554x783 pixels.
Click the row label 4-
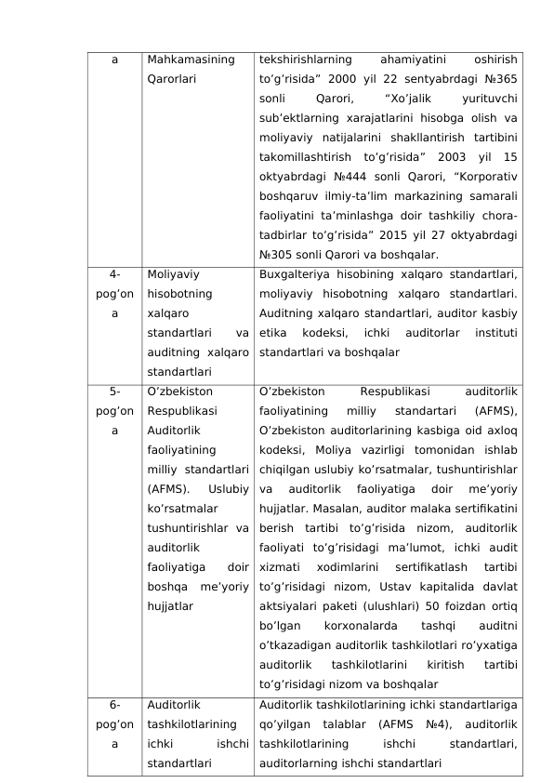tap(114, 274)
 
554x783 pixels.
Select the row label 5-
tap(114, 391)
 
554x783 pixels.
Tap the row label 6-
tap(114, 705)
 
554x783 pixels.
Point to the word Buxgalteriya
tap(295, 274)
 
